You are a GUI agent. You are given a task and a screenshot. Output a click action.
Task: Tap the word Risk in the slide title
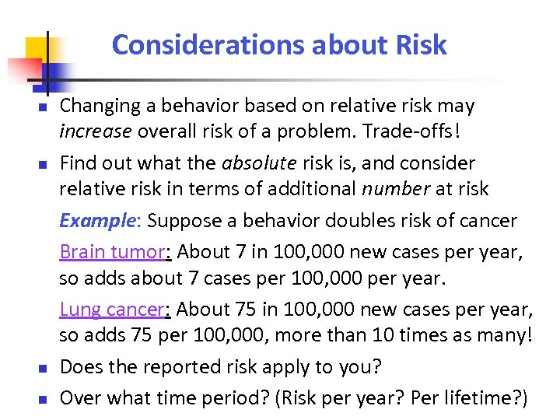[x=420, y=45]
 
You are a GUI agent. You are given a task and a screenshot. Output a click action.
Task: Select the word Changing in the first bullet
[x=96, y=106]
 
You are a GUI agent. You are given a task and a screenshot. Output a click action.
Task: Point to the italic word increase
[x=96, y=131]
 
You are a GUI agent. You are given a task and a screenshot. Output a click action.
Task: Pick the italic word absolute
[x=255, y=163]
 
